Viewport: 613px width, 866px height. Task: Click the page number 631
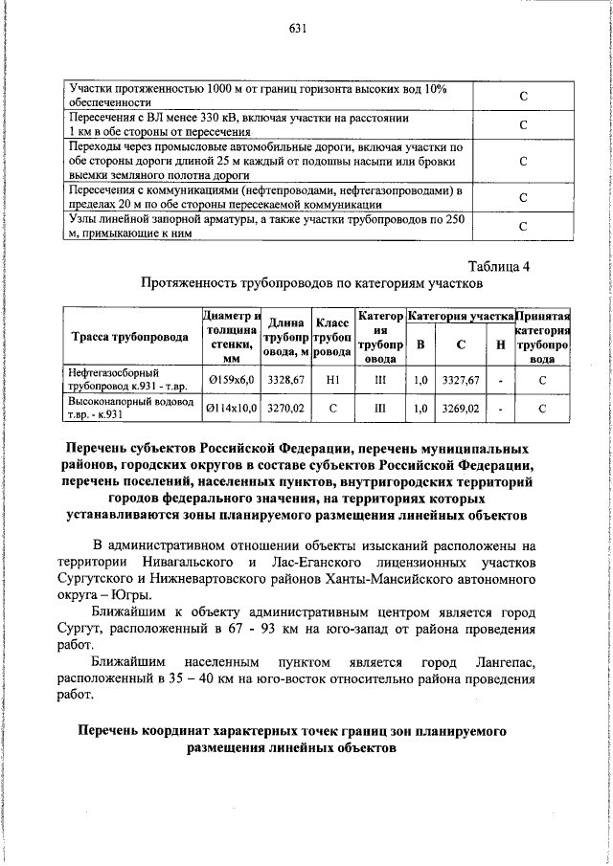pos(297,29)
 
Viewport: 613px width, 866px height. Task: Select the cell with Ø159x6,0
pos(231,380)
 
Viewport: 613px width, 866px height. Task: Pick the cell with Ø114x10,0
pos(231,409)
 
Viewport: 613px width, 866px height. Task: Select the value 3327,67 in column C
pos(460,380)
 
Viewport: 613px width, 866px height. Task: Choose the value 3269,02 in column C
pos(460,409)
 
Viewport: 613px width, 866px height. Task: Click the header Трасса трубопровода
pos(130,336)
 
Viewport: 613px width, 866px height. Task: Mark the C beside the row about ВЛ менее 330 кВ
pos(524,125)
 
